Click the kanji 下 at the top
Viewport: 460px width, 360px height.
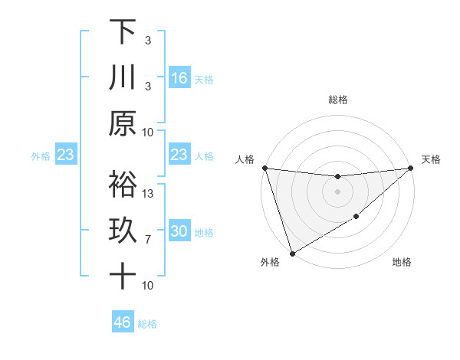click(123, 32)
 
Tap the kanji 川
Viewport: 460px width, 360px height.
click(123, 77)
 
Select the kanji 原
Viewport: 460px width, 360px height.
click(123, 123)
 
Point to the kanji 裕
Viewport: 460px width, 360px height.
click(123, 185)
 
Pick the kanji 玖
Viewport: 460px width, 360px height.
click(123, 231)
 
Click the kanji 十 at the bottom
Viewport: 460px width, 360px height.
click(123, 276)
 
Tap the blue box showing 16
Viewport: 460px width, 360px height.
click(179, 78)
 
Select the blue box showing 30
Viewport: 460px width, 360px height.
click(179, 232)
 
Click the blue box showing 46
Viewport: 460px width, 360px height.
click(123, 322)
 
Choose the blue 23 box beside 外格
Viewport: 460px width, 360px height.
click(66, 155)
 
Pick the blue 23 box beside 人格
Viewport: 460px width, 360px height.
click(179, 155)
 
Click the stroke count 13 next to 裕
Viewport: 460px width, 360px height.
click(149, 194)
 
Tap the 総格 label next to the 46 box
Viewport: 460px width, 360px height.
click(148, 324)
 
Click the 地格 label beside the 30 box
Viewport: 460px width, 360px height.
click(205, 233)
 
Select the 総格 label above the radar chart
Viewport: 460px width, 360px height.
click(337, 100)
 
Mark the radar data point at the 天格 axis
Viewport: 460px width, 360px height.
click(411, 168)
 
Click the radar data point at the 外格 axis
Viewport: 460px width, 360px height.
click(292, 254)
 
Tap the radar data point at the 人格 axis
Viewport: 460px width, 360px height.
click(264, 168)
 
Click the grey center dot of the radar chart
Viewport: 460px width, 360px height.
click(337, 191)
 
